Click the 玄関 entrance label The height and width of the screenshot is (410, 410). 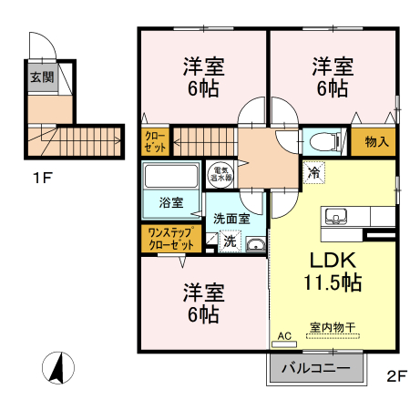42,77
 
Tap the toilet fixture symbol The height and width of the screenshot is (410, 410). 324,141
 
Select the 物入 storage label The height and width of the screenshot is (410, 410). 377,141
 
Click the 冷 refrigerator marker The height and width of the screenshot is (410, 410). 314,173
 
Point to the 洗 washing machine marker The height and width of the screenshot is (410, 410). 230,241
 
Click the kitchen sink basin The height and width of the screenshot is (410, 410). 336,216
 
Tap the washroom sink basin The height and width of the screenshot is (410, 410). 256,244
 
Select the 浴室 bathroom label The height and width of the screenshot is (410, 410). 171,202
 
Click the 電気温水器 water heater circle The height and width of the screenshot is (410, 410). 220,175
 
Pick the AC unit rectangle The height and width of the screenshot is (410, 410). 284,344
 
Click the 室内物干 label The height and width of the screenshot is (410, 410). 333,327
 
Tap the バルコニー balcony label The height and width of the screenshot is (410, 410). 316,368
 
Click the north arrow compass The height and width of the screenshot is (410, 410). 58,368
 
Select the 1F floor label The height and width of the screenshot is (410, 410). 43,178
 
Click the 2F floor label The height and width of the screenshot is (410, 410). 396,376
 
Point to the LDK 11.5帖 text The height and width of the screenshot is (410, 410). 333,272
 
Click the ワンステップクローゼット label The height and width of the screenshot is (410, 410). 171,239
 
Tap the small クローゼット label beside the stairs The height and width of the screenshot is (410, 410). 155,141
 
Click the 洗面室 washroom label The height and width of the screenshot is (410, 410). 231,219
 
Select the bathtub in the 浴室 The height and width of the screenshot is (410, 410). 171,176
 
